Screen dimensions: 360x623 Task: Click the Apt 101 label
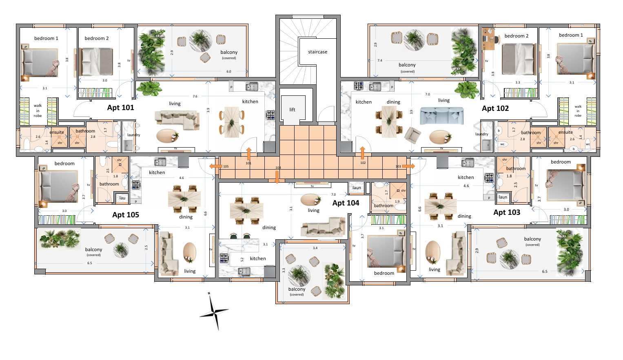point(120,108)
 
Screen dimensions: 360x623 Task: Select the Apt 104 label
point(346,203)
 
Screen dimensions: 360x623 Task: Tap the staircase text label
point(317,52)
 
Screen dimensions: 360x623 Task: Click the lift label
point(292,110)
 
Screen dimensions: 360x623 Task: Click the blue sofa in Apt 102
point(441,115)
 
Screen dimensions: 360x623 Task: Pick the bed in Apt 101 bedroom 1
point(40,63)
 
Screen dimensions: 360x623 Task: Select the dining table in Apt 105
point(184,199)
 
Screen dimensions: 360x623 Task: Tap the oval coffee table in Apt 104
point(310,200)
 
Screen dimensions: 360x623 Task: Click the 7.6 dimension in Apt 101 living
point(195,97)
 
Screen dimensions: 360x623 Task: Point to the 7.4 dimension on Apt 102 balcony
point(380,60)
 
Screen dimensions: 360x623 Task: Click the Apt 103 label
point(507,212)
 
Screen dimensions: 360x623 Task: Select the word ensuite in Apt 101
point(57,132)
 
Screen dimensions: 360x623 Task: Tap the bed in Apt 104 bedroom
point(386,252)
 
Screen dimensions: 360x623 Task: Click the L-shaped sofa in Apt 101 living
point(177,119)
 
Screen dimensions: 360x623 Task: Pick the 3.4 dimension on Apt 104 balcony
point(315,248)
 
